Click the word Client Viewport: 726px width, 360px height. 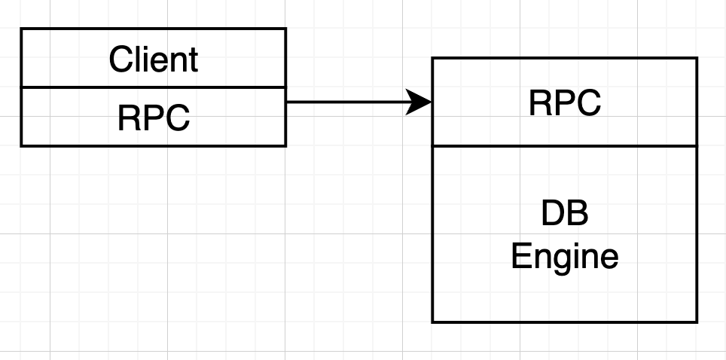[153, 59]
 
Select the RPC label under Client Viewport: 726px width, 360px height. [153, 117]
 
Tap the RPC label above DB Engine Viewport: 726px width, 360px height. [565, 102]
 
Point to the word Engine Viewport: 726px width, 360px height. [565, 258]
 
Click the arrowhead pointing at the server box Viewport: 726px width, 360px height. [419, 102]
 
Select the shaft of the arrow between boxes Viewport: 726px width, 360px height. [346, 102]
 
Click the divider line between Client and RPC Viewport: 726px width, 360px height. [153, 87]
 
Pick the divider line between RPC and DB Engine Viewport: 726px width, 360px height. [565, 146]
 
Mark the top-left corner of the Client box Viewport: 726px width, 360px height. [21, 29]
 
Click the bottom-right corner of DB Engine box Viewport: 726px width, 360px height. [697, 322]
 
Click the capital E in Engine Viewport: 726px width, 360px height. [520, 257]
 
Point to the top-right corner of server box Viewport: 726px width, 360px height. [697, 58]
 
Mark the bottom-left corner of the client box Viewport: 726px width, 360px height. [21, 145]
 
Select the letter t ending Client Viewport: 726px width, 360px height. [194, 59]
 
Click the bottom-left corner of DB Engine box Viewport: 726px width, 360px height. [432, 322]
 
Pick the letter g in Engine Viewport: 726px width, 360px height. [560, 260]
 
